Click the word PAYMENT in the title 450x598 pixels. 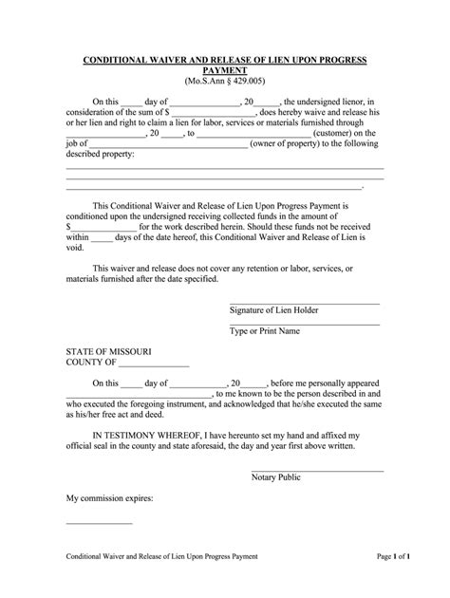pyautogui.click(x=224, y=70)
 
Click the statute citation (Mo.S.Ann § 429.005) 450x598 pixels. pyautogui.click(x=224, y=83)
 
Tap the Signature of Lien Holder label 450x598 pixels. pyautogui.click(x=274, y=310)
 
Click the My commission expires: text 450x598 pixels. pyautogui.click(x=109, y=497)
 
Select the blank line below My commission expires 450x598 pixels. pyautogui.click(x=99, y=524)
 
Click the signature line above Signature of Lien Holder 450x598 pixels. pyautogui.click(x=305, y=303)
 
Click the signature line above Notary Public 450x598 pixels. pyautogui.click(x=317, y=470)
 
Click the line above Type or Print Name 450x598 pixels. pyautogui.click(x=305, y=324)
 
